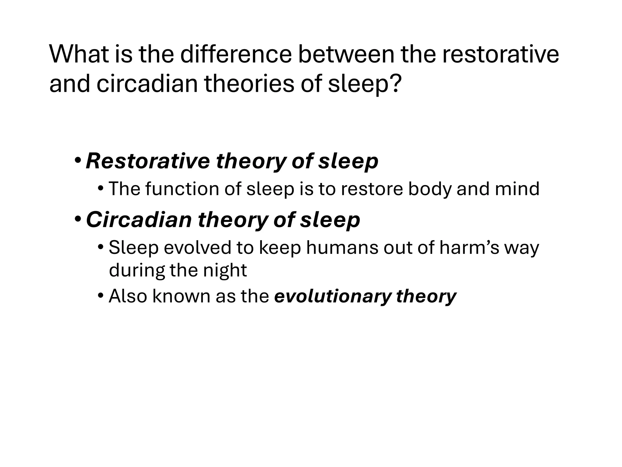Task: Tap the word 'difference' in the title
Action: [236, 55]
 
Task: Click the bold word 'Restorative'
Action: [148, 161]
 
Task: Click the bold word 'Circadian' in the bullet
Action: [139, 220]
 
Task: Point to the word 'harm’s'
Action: [469, 247]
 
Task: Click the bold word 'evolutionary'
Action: [332, 296]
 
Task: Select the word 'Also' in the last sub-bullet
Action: [128, 296]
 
